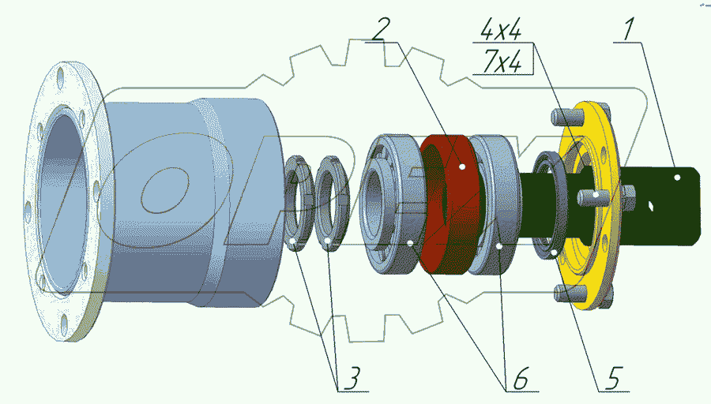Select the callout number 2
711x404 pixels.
(380, 29)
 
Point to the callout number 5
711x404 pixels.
(615, 377)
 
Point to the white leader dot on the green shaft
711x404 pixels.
(678, 178)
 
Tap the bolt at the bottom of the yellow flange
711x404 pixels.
(562, 293)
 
